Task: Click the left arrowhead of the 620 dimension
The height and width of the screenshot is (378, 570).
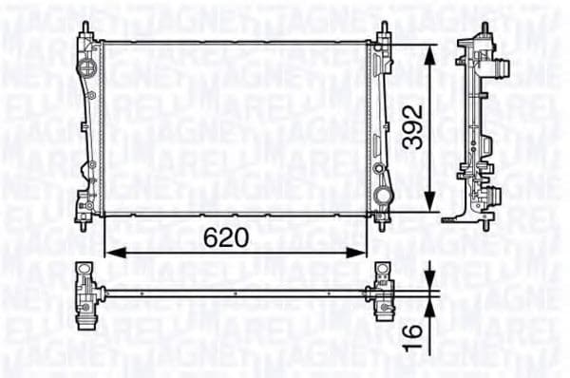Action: click(108, 253)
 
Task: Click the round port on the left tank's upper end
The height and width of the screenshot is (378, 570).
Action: click(88, 68)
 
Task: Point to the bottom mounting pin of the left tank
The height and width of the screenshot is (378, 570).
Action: click(85, 227)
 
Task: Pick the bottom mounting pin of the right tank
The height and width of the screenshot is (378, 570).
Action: click(386, 227)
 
